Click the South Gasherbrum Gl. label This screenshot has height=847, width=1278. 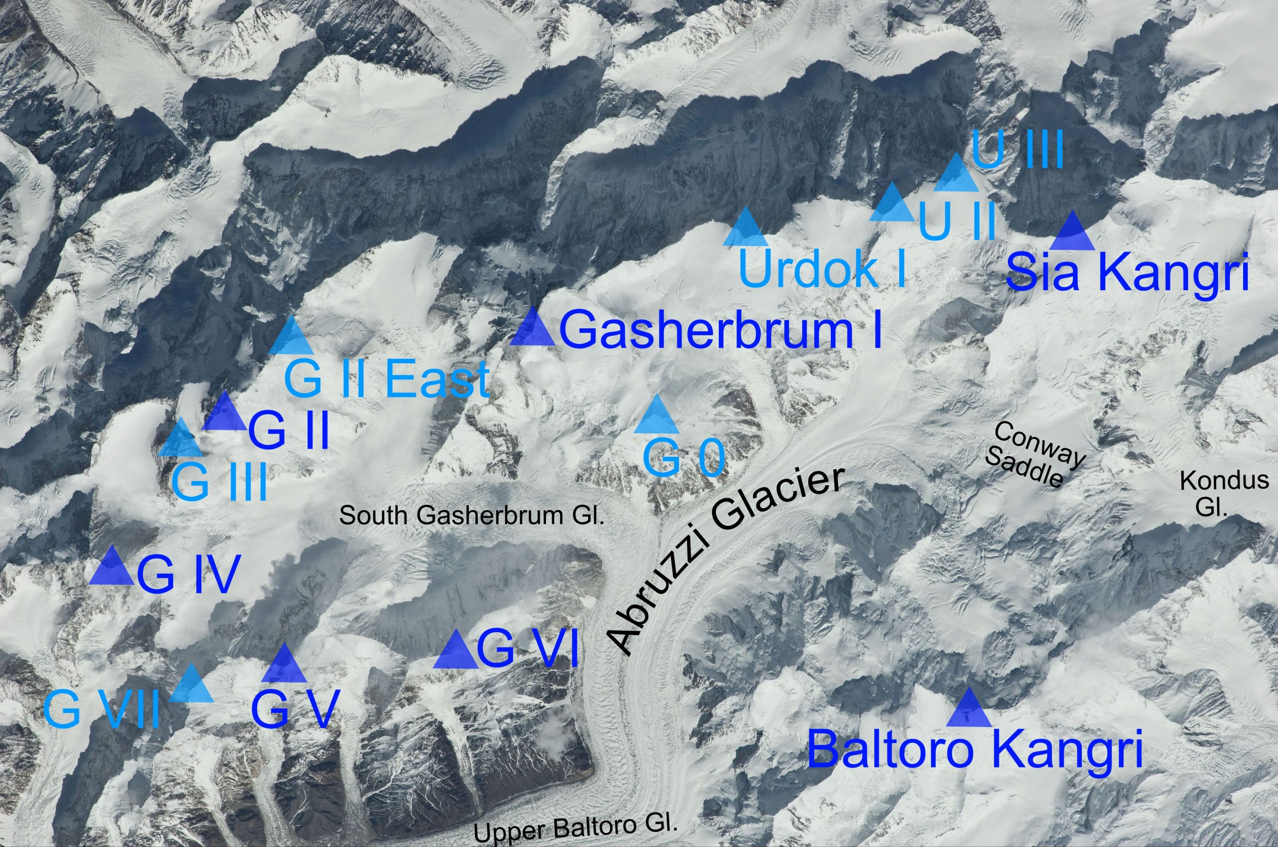point(471,515)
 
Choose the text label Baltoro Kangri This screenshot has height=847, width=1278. point(974,749)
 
